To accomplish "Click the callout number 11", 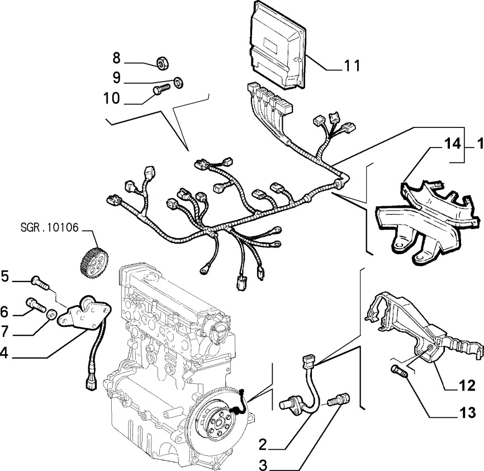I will tap(351, 65).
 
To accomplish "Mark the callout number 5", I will tap(6, 275).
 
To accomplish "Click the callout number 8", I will tap(116, 58).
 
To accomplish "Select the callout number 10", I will tap(112, 99).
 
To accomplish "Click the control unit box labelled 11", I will tap(278, 47).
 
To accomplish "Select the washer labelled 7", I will tap(50, 313).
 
